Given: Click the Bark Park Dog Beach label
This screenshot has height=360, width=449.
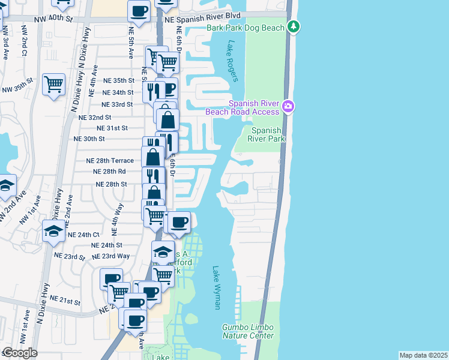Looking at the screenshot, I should click(x=246, y=28).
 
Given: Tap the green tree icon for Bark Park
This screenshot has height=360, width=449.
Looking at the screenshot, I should click(x=294, y=26).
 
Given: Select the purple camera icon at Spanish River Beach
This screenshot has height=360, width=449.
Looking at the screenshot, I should click(x=289, y=106).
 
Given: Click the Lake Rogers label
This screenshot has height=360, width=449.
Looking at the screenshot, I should click(x=233, y=61).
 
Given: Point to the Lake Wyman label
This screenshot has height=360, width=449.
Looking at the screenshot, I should click(x=217, y=289).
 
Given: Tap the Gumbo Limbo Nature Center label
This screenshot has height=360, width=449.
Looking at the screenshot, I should click(x=248, y=332).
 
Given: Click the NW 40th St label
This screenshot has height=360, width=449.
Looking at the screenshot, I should click(x=54, y=19).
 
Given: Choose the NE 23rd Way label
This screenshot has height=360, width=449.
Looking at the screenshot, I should click(x=115, y=256).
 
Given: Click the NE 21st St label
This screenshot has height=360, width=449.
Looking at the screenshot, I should click(x=65, y=299).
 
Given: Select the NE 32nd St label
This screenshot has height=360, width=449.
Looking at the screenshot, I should click(x=95, y=118).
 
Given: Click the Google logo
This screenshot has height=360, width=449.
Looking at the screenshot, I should click(x=20, y=353).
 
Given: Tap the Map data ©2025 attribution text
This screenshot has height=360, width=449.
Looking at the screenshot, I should click(x=423, y=355).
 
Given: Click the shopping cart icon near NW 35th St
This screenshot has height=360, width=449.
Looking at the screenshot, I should click(x=54, y=84).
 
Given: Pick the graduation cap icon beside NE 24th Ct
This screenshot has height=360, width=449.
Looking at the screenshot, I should click(x=53, y=230).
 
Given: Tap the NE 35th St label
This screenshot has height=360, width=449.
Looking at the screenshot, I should click(x=118, y=80).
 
